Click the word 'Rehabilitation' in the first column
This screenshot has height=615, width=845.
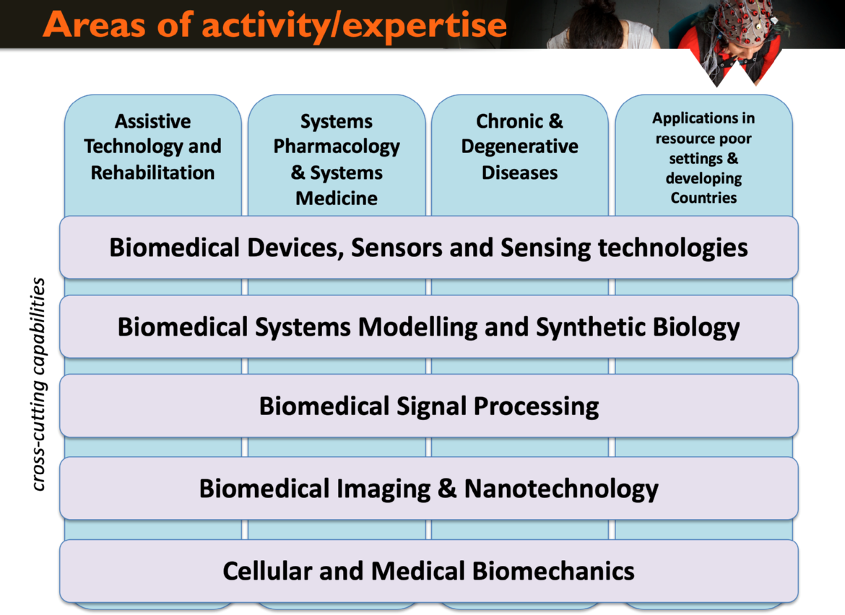tap(152, 173)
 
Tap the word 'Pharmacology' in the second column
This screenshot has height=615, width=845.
tap(337, 147)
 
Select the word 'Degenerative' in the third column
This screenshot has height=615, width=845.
tap(519, 147)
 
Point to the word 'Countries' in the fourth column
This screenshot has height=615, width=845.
tap(703, 198)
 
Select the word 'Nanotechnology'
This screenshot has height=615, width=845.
tap(561, 489)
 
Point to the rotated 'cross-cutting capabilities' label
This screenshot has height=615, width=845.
tap(38, 384)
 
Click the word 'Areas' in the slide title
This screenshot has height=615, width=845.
tap(94, 25)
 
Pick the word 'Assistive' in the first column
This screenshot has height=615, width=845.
tap(152, 121)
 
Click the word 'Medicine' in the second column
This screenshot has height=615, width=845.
tap(337, 199)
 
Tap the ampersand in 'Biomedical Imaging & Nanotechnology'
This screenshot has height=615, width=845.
tap(447, 489)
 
